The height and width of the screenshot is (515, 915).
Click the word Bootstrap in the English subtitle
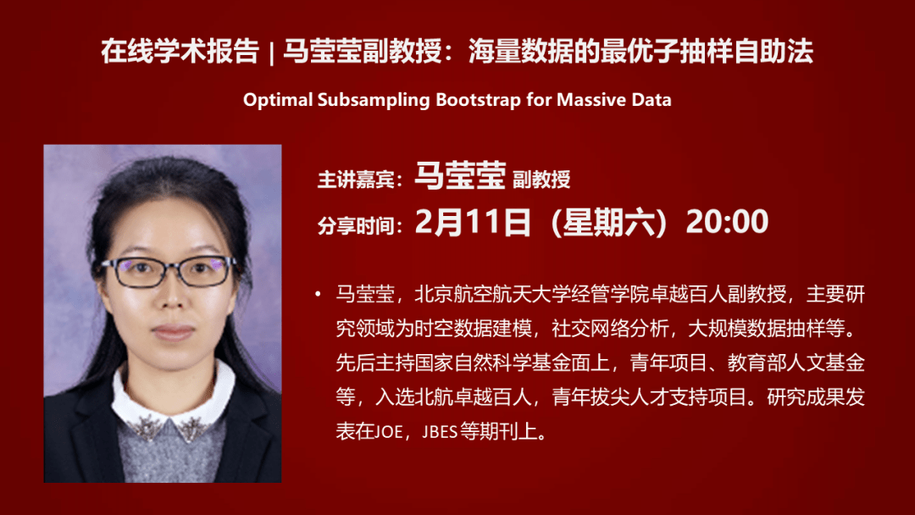click(x=478, y=100)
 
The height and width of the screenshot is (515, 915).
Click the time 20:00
click(x=727, y=222)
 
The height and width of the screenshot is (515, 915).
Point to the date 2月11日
click(x=473, y=222)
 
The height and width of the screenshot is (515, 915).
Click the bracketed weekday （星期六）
click(x=608, y=222)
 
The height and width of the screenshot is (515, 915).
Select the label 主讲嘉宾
click(x=355, y=180)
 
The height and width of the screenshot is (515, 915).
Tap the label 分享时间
click(x=355, y=225)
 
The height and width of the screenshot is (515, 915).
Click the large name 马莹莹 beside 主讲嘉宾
click(x=460, y=175)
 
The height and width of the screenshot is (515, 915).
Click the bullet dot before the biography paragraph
click(x=318, y=294)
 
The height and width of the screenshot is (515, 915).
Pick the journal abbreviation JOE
click(x=388, y=432)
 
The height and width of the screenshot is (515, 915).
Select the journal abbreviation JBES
click(x=440, y=432)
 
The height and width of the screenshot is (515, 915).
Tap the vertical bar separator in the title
click(x=271, y=53)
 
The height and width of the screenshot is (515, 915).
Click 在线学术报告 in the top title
click(x=180, y=52)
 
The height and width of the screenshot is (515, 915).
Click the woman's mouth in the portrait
click(x=172, y=332)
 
